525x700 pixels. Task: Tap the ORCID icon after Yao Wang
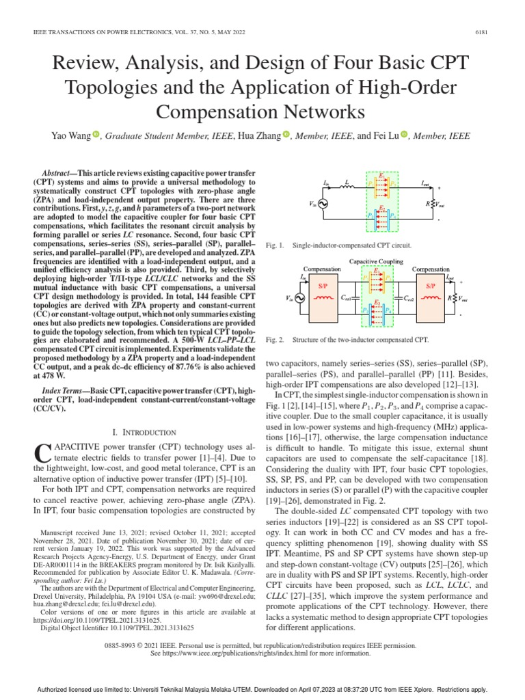[96, 135]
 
